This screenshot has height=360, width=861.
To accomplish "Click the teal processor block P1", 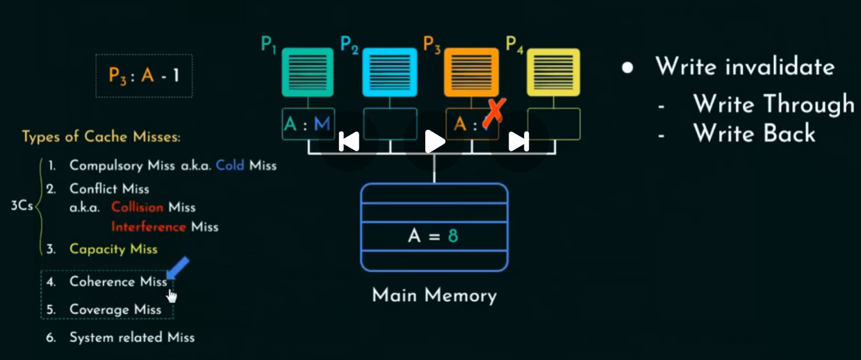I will point(308,72).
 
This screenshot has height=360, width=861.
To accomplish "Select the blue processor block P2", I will point(390,72).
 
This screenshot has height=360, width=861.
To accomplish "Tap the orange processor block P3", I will point(471,72).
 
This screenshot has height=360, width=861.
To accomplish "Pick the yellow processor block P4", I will point(553,72).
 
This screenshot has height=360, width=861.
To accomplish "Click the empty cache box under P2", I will point(390,124).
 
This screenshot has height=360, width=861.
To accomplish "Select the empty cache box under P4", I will point(553,124).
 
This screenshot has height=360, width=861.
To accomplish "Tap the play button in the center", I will point(434,141).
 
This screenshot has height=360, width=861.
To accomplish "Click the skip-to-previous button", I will point(349,141).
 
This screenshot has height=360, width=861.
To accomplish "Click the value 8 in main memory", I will point(453,236).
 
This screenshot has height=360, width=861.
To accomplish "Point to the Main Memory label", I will point(434,295).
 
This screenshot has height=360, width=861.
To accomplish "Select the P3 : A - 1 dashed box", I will point(144,75).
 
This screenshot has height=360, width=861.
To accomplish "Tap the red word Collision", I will point(137,207).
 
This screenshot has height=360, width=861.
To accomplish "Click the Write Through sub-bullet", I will point(773,104).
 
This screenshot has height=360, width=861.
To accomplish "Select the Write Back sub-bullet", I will point(754,133).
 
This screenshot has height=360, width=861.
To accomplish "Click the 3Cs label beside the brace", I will point(22,207).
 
